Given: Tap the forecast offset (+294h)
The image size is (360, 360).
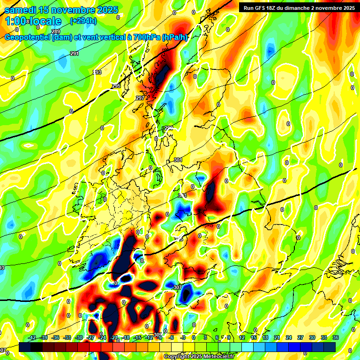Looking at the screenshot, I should tap(83, 21).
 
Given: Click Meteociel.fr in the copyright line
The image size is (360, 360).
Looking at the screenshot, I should tap(216, 357).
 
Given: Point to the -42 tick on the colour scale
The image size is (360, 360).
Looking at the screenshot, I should tap(32, 337).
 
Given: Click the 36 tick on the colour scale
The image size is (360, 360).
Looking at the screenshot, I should tap(335, 337).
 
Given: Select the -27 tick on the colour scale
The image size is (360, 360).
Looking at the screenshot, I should tap(90, 337).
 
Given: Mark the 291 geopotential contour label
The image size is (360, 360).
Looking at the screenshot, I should tap(75, 54).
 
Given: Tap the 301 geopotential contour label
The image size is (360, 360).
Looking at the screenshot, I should tap(178, 160).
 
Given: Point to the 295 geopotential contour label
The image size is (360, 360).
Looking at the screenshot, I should tap(116, 86).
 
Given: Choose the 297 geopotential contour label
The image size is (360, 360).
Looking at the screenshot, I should tap(140, 98).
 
